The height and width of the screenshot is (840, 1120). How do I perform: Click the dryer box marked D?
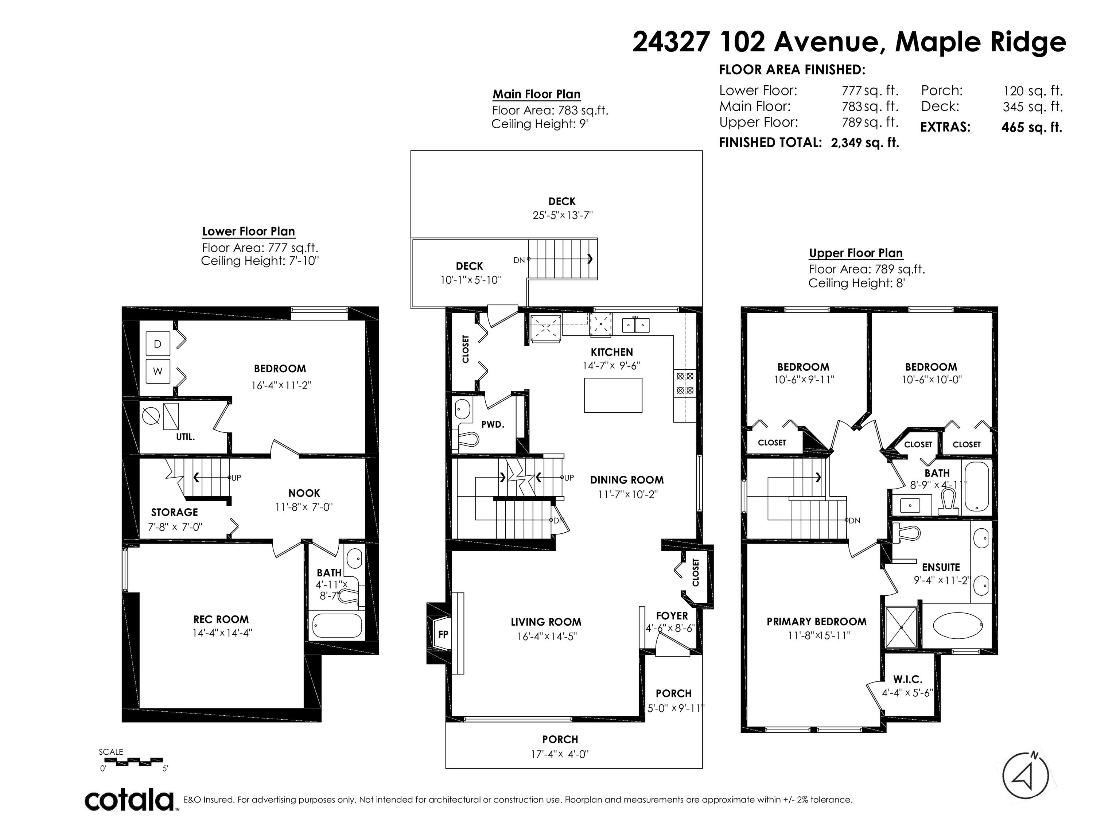coord(157,344)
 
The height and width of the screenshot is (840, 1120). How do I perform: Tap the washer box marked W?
coord(157,371)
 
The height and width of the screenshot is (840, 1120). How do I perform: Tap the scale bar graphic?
coord(132,761)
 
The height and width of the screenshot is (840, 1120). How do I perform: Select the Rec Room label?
coord(221,619)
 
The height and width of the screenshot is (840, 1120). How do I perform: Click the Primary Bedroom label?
coord(816,621)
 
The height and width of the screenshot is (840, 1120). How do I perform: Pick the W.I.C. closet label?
coord(908,680)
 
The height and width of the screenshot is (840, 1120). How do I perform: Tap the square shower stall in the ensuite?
coord(901,627)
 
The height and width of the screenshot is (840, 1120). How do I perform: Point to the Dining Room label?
coord(627,480)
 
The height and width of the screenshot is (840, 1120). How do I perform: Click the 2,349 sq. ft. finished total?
coord(865,143)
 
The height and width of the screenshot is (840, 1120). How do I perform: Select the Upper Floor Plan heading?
coord(856,253)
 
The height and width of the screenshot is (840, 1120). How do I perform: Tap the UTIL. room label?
coord(185,436)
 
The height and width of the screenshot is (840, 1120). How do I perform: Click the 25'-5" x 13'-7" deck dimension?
coord(563,215)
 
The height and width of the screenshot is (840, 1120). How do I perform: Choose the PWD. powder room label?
coord(493,424)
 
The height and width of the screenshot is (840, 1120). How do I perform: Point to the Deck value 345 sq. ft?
coord(1032,107)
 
